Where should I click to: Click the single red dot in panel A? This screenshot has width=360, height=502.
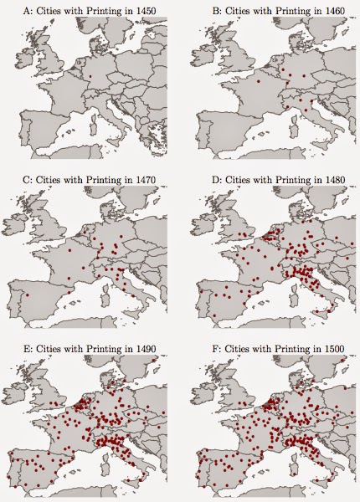pyautogui.click(x=90, y=78)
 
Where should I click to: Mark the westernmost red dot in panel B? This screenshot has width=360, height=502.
pyautogui.click(x=257, y=83)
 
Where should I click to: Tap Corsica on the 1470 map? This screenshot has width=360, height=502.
pyautogui.click(x=100, y=284)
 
